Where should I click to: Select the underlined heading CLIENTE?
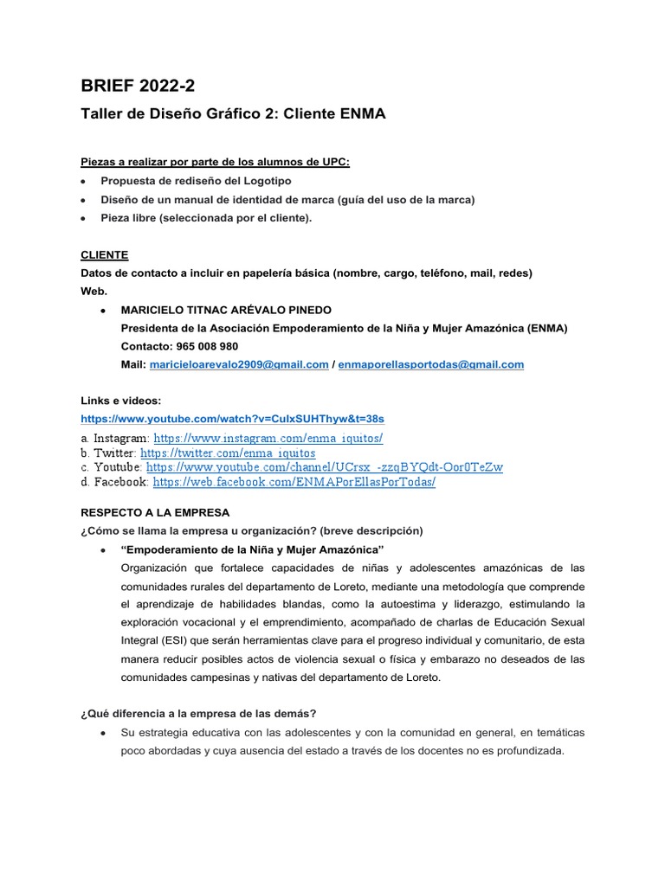(104, 255)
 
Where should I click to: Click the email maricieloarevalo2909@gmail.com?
(239, 364)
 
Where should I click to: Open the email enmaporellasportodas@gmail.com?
(431, 364)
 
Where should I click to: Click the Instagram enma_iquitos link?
(268, 439)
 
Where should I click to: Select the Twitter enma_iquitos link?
(228, 453)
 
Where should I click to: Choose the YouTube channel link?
(325, 467)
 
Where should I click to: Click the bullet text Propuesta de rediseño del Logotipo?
(197, 181)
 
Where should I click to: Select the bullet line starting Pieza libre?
(206, 217)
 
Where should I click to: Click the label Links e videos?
(121, 401)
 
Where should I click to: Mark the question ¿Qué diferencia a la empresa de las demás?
(198, 713)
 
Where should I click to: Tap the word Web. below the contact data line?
(94, 292)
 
